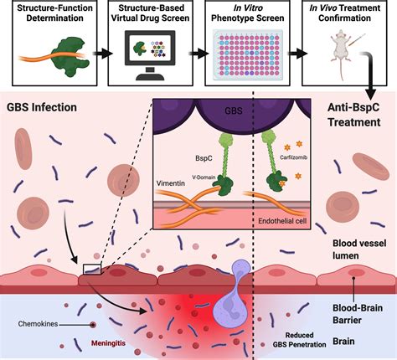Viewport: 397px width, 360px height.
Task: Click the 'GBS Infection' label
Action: point(42,109)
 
